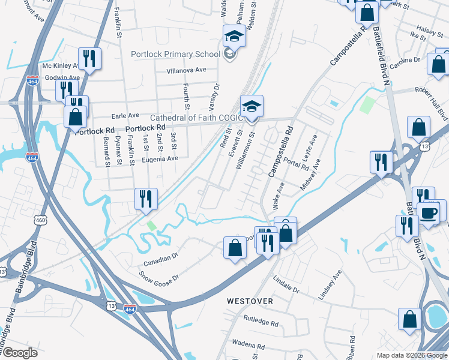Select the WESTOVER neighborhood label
pyautogui.click(x=250, y=301)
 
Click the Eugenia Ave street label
pyautogui.click(x=160, y=159)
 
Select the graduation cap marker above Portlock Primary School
pyautogui.click(x=234, y=36)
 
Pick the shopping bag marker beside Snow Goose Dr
pyautogui.click(x=235, y=247)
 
